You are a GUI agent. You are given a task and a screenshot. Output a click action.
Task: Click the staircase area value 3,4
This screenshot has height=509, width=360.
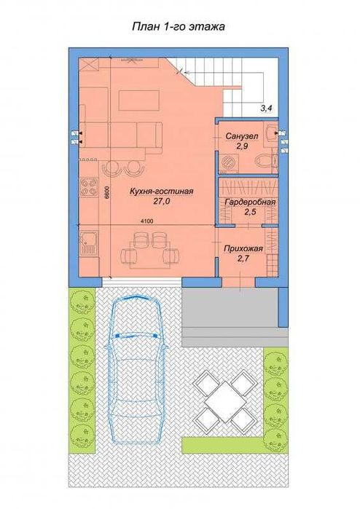(x=267, y=109)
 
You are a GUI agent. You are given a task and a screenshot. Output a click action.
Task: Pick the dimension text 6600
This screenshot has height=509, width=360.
(x=106, y=193)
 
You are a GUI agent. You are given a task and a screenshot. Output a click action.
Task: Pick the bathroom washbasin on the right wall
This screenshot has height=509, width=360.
(x=270, y=133)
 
